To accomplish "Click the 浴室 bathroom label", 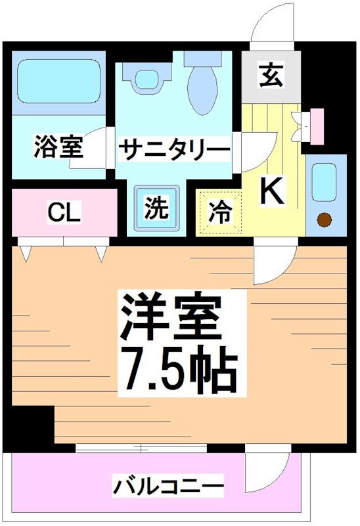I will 58,147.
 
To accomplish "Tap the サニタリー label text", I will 173,149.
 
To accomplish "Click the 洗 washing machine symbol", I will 156,209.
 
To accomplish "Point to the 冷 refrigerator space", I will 220,212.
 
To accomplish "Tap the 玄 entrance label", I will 270,74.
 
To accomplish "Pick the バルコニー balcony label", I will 168,488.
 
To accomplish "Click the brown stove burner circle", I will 325,220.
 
